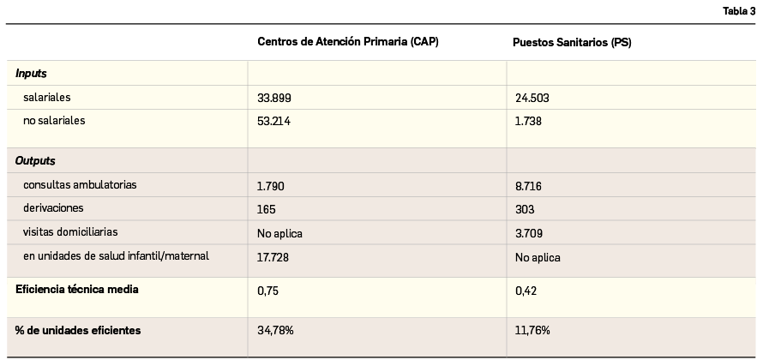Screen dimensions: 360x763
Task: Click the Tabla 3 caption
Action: tap(739, 10)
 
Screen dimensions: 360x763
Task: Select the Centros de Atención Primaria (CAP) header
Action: tap(347, 42)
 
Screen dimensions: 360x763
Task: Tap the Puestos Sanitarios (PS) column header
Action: tap(572, 42)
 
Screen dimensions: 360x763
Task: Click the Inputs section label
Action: tap(31, 74)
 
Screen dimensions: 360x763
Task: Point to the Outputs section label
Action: tap(35, 161)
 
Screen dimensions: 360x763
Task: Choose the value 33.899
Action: tap(274, 99)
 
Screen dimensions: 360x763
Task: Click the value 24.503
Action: tap(532, 99)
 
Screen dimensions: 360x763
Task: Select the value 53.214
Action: tap(274, 122)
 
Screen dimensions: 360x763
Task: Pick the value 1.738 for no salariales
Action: tap(528, 122)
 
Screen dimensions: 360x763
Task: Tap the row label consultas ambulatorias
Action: tap(80, 185)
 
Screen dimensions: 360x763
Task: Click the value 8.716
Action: tap(528, 186)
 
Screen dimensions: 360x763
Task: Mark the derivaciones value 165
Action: tap(266, 209)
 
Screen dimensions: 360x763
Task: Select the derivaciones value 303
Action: tap(525, 209)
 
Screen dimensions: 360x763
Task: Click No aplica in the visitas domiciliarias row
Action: tap(279, 233)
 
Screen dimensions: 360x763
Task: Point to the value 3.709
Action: tap(528, 233)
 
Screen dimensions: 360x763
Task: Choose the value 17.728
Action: tap(274, 256)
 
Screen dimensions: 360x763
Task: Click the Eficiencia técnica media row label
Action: tap(77, 290)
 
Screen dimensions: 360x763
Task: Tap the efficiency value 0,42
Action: tap(525, 291)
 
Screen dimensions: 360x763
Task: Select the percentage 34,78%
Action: tap(275, 330)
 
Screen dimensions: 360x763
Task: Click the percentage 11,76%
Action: tap(532, 330)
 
